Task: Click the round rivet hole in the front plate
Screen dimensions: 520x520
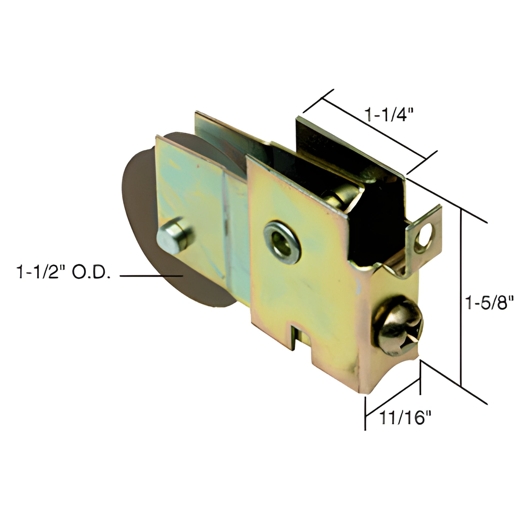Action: [x=282, y=238]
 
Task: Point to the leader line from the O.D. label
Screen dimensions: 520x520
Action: [x=151, y=275]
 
